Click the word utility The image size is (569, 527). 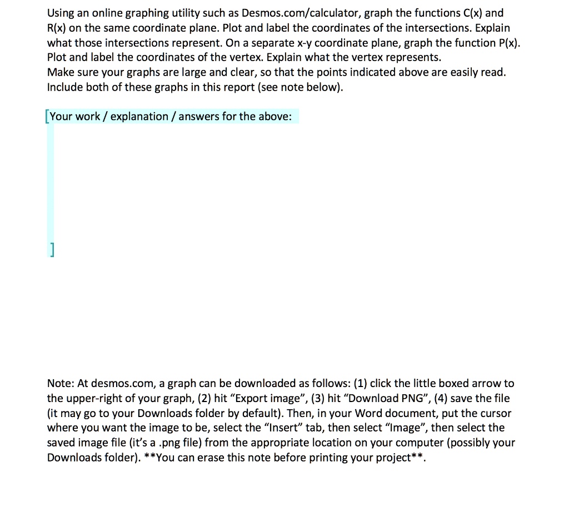173,13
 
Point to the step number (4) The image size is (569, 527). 433,398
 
